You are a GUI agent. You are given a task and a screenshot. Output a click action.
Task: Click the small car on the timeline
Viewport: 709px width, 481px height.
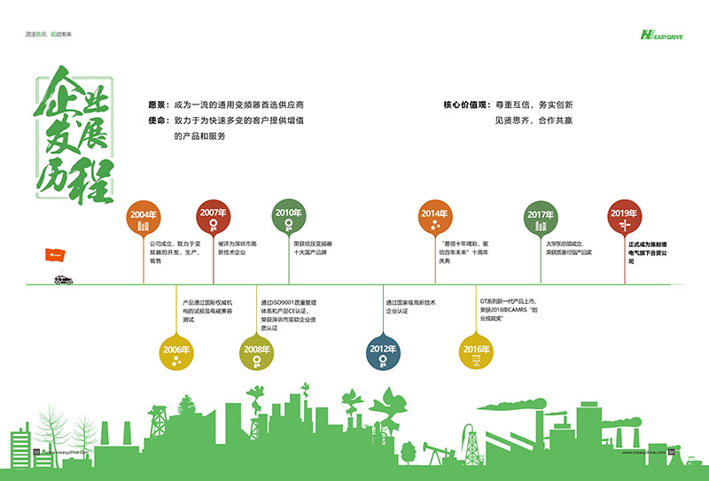coord(62,280)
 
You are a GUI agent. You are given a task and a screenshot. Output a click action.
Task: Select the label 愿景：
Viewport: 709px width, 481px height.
coord(160,104)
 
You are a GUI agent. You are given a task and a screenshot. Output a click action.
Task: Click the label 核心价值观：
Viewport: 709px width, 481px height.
coord(466,104)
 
